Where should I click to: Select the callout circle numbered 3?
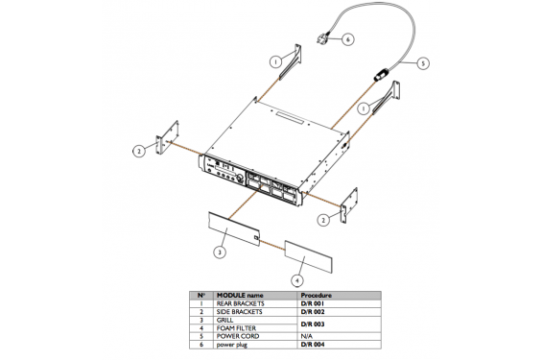coord(220,252)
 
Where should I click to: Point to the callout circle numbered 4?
coord(296,278)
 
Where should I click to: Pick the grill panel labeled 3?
coord(233,226)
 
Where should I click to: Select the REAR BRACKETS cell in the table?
coord(241,303)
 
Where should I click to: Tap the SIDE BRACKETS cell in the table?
coord(240,312)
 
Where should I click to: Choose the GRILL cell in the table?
coord(227,321)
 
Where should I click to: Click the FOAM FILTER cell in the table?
coord(237,328)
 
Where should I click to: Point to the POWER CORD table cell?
coord(237,336)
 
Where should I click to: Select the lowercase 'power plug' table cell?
coord(234,344)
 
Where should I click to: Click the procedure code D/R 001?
coord(315,303)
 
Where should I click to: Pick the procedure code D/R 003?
coord(315,324)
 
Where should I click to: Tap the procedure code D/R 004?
coord(315,344)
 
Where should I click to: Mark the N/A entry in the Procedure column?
coord(307,336)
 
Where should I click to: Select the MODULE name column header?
coord(240,295)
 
